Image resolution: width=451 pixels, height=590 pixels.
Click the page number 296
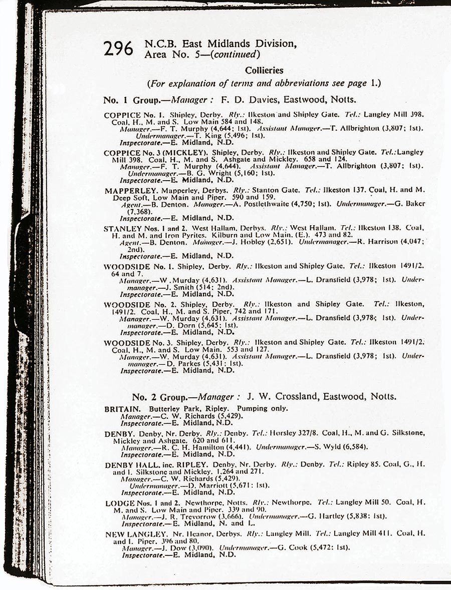(118, 49)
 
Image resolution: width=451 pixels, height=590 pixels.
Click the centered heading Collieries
(264, 71)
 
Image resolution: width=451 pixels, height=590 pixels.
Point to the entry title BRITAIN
(122, 409)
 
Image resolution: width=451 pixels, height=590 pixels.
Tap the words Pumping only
(263, 409)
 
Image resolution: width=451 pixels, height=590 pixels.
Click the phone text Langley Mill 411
(362, 534)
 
